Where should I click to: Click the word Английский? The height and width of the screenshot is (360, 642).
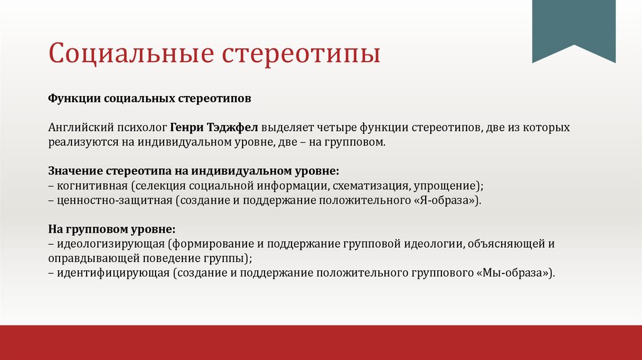(78, 127)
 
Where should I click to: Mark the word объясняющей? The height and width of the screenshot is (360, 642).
(511, 244)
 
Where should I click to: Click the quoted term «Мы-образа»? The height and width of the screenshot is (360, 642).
(520, 273)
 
